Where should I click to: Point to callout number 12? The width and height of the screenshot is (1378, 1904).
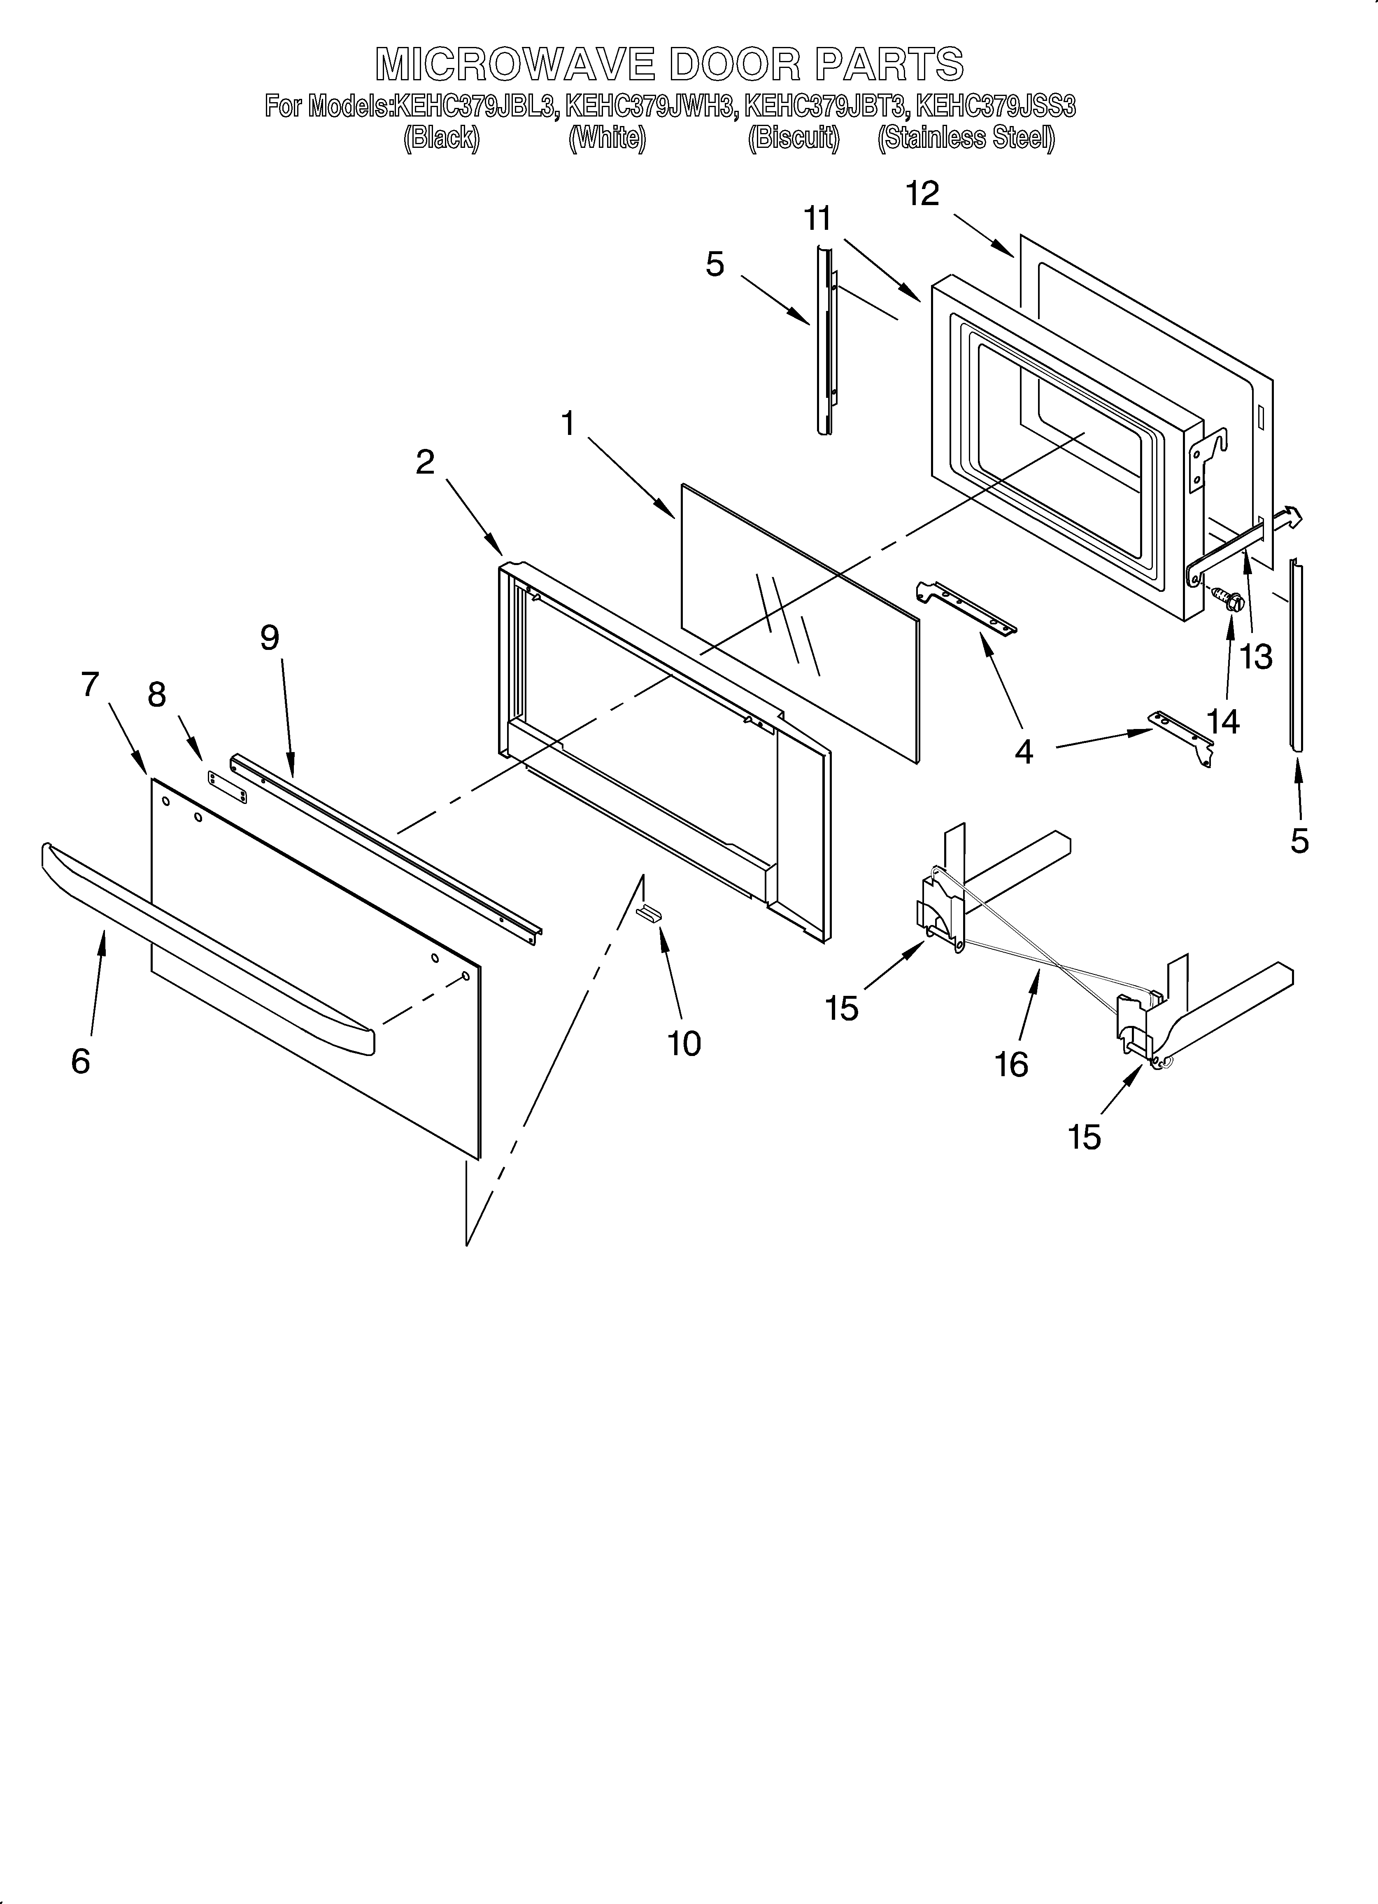[922, 194]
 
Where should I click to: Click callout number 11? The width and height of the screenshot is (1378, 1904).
[817, 219]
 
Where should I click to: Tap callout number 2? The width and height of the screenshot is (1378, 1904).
[426, 462]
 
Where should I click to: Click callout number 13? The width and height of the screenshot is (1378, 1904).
[1256, 656]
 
